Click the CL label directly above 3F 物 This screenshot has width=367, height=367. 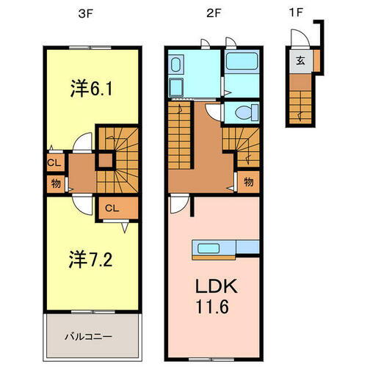(x=55, y=162)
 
